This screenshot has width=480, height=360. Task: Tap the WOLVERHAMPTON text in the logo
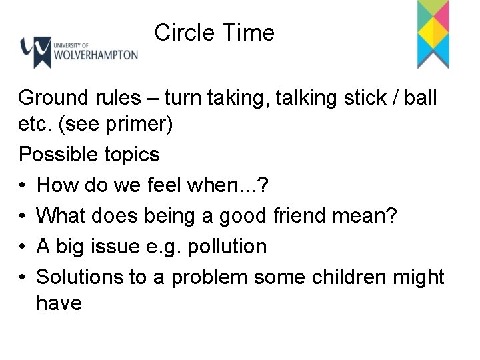tap(96, 54)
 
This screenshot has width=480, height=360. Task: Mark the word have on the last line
tap(59, 303)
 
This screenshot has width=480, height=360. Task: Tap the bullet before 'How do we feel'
tap(23, 185)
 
